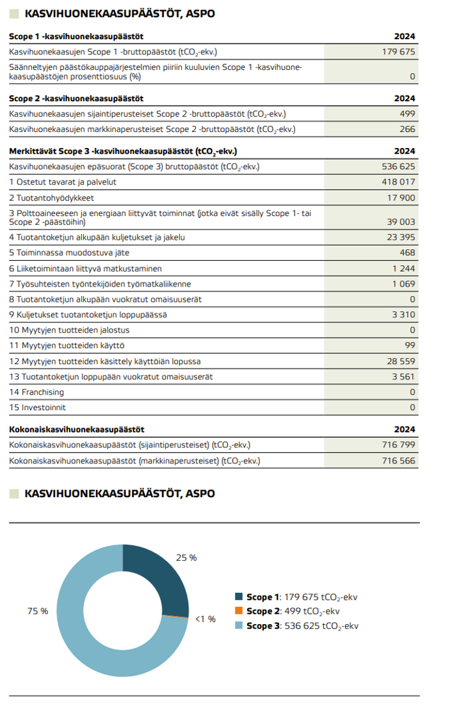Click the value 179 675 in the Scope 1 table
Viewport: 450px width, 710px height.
[398, 52]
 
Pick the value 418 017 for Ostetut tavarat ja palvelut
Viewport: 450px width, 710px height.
[398, 182]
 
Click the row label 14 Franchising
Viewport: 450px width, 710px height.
[36, 392]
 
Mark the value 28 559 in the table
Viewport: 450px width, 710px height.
[400, 361]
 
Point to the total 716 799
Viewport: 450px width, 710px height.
[398, 445]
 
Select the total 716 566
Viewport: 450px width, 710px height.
[398, 461]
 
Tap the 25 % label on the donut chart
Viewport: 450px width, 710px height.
[186, 557]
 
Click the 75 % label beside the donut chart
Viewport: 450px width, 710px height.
[38, 611]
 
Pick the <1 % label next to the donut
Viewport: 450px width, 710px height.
[205, 619]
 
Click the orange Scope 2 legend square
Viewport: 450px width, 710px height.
[239, 611]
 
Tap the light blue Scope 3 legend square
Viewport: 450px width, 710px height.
[239, 625]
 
